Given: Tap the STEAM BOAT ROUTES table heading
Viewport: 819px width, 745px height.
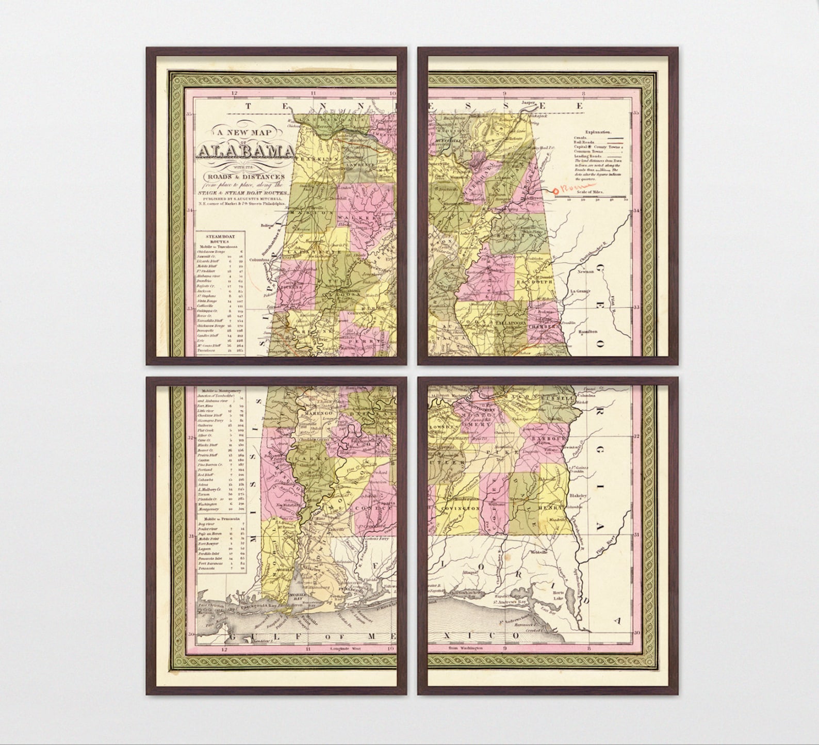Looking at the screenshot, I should coord(220,239).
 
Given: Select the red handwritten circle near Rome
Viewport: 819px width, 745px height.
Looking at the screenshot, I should coord(555,191).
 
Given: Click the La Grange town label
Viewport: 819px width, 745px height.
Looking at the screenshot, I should coord(580,292).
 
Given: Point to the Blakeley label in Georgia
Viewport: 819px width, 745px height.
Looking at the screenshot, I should coord(578,495).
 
